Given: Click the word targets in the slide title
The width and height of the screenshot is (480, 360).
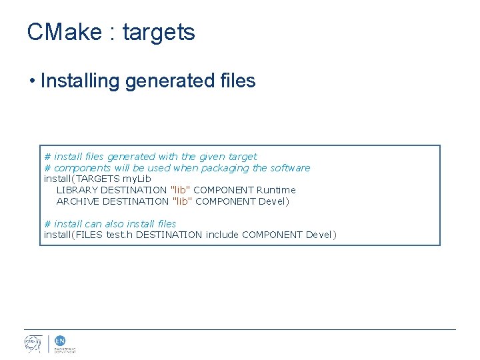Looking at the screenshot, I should coord(159,33).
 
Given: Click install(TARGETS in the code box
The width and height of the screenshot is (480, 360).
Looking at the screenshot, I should coord(72,179).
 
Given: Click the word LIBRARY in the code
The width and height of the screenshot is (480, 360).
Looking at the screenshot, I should coord(77,190).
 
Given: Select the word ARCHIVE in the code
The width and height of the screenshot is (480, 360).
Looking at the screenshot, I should coord(78,201).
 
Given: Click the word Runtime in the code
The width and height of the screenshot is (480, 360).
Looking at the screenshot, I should coord(275,190).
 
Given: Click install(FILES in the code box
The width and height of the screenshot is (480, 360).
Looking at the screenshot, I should coord(73,235).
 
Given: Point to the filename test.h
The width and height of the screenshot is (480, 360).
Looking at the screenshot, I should coord(119,235).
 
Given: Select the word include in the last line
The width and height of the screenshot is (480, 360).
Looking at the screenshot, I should coord(222,235).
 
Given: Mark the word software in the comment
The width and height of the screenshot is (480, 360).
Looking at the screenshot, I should coord(290,168).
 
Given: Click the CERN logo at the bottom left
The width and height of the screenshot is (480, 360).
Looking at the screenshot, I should coord(33,343).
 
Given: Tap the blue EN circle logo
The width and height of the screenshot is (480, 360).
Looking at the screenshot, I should coord(59,340).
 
